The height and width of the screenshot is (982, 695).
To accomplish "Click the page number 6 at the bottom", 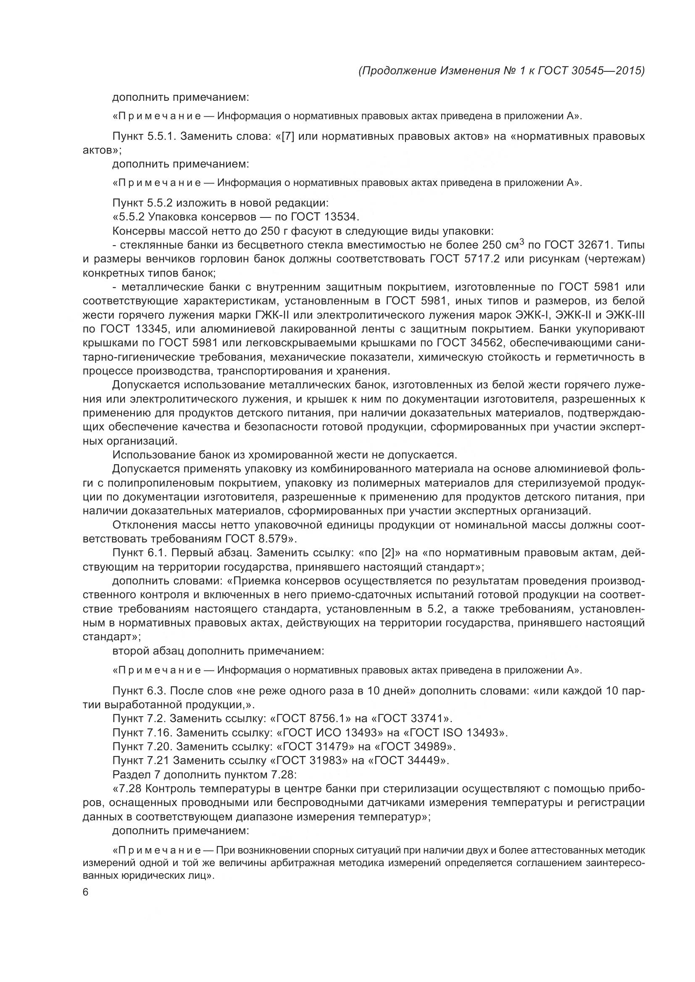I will tap(85, 892).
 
